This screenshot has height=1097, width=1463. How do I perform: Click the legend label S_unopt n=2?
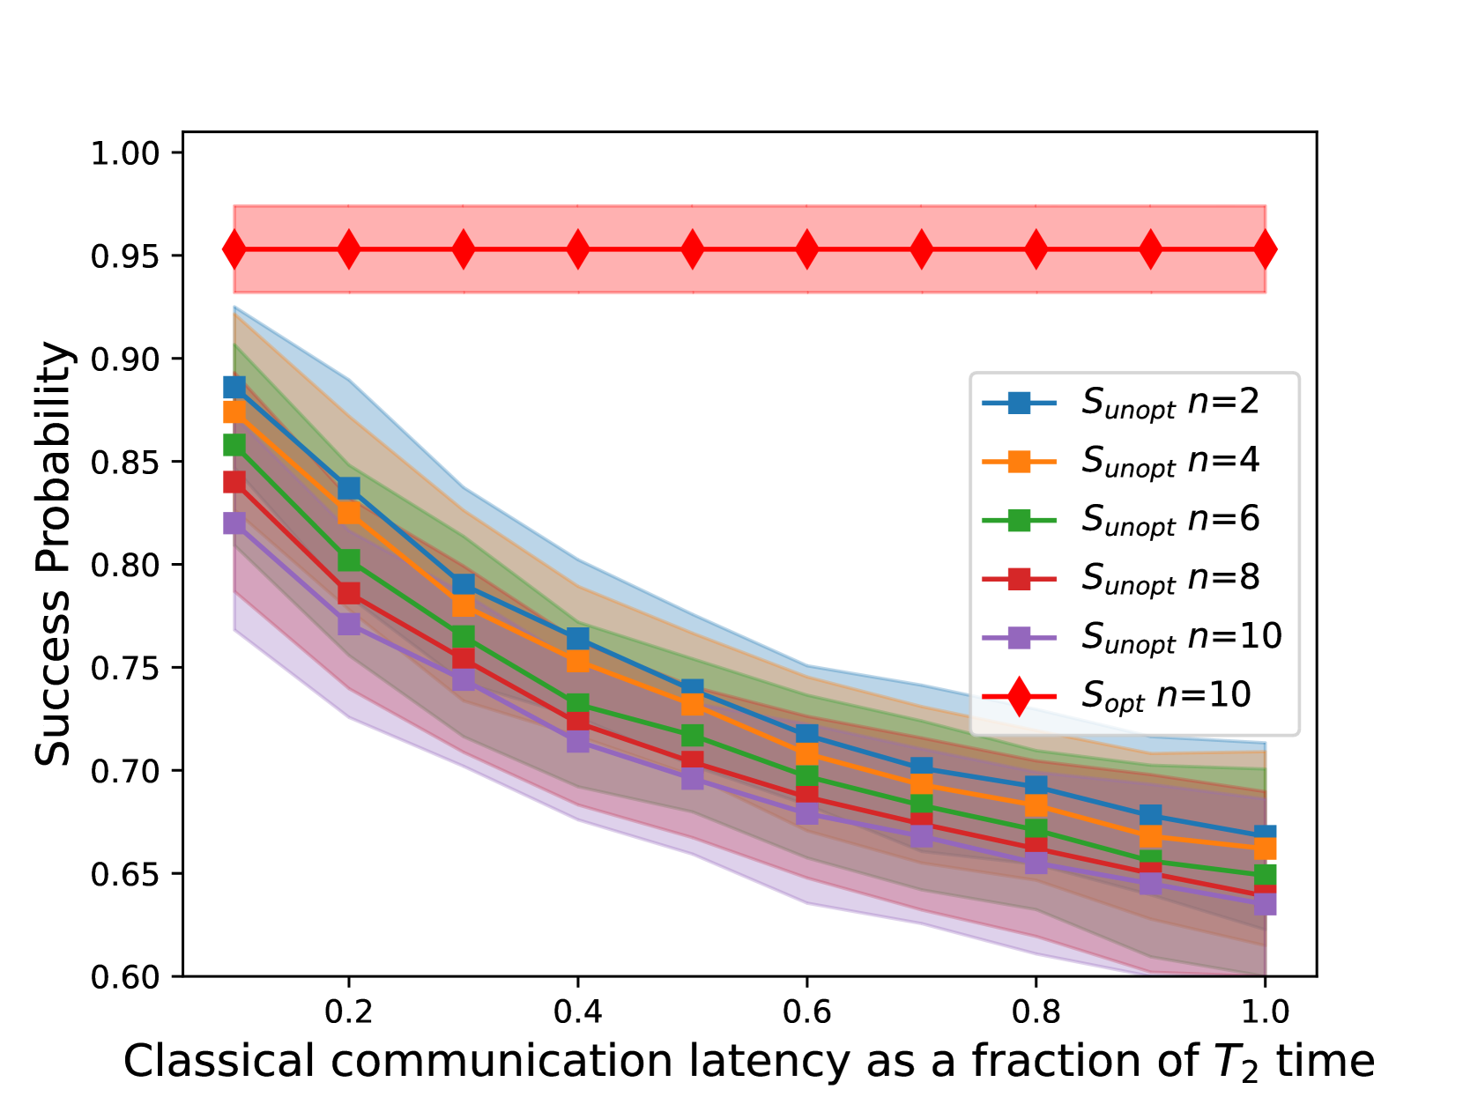(x=1170, y=403)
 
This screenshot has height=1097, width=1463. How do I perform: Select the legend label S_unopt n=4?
(x=1170, y=461)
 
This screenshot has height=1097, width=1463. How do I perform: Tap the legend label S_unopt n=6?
(x=1170, y=520)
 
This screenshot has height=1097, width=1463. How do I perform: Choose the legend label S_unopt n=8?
(x=1170, y=578)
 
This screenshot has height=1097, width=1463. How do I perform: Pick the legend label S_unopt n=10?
(x=1181, y=637)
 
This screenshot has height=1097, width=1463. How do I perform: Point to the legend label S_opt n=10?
(x=1166, y=696)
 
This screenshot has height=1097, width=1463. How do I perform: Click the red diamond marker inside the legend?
(x=1019, y=696)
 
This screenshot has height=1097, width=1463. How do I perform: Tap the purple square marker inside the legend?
(x=1019, y=637)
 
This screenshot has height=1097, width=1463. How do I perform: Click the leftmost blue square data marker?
(x=234, y=387)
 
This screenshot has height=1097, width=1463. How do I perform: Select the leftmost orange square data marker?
(x=234, y=411)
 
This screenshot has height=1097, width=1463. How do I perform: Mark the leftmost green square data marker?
(x=234, y=444)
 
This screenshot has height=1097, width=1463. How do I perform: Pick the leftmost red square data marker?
(x=234, y=482)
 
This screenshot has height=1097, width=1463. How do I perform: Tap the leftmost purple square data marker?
(x=234, y=523)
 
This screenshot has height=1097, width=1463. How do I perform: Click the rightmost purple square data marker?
(x=1266, y=904)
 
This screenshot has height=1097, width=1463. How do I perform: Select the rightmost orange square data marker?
(x=1266, y=849)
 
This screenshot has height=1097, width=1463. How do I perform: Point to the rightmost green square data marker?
(x=1266, y=874)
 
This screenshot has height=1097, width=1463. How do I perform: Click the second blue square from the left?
(x=349, y=488)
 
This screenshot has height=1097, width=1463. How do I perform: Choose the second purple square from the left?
(x=349, y=624)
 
